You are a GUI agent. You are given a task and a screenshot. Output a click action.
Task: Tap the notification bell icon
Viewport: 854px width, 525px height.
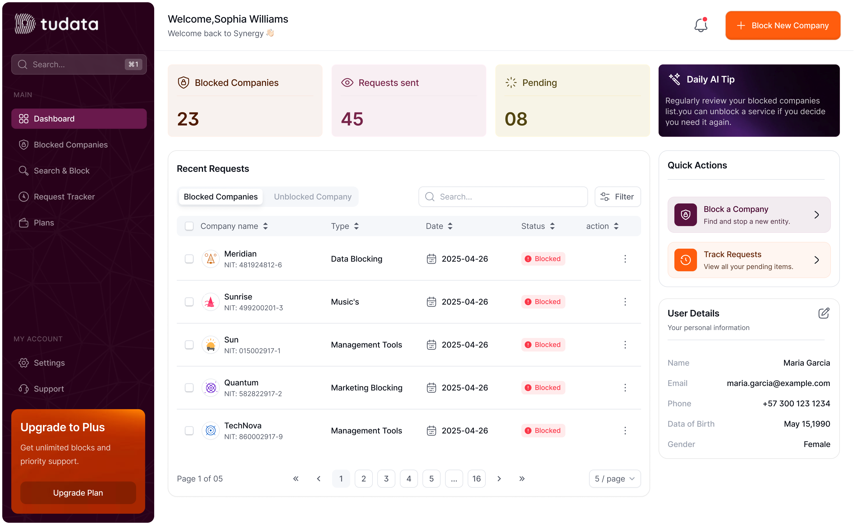(700, 25)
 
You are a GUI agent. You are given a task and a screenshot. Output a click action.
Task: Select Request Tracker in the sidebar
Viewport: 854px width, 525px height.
(64, 197)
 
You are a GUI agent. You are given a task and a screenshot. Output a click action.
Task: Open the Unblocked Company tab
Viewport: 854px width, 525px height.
(312, 197)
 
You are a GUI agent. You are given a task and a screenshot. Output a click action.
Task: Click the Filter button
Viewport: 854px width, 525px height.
(617, 197)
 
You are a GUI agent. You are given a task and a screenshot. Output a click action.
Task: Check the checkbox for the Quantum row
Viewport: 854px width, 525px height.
(189, 387)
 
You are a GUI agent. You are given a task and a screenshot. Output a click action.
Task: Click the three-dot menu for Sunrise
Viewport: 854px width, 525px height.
(625, 302)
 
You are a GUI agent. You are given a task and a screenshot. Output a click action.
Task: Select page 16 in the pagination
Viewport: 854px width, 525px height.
(476, 478)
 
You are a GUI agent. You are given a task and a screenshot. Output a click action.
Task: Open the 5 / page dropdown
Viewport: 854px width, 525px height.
(614, 478)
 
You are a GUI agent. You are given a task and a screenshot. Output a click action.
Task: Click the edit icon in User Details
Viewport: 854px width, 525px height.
(823, 313)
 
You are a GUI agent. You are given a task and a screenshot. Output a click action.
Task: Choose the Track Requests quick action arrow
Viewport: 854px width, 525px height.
(816, 260)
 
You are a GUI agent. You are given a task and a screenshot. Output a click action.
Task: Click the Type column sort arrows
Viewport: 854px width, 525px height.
(356, 226)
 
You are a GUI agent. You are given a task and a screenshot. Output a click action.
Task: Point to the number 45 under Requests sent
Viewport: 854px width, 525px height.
(352, 119)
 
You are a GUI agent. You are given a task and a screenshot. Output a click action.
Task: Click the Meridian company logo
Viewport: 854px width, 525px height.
(211, 259)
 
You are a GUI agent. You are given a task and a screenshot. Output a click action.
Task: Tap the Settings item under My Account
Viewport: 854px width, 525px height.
(49, 363)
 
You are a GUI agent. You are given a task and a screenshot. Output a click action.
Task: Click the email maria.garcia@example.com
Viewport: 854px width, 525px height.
(778, 383)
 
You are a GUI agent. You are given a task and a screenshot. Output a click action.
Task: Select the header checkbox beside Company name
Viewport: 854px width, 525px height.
(189, 226)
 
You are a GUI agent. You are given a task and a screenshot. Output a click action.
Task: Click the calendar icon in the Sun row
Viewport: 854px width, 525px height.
(431, 345)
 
